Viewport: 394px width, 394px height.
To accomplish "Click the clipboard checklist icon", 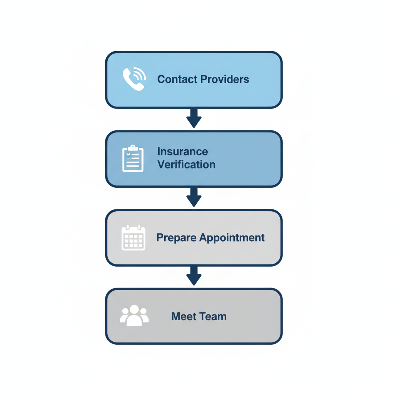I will [133, 159].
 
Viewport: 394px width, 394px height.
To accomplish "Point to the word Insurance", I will [183, 151].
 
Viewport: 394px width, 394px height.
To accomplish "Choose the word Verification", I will [187, 165].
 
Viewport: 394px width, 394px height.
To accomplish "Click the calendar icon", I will [133, 238].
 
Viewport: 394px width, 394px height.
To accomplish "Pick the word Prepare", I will [176, 238].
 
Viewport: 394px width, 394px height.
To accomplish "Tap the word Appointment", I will [232, 238].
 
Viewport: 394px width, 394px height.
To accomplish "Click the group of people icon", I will [134, 316].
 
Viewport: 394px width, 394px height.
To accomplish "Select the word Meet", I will [181, 317].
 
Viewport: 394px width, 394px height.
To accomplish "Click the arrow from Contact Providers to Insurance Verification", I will [194, 119].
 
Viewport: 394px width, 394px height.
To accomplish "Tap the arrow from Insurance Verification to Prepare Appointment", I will [194, 197].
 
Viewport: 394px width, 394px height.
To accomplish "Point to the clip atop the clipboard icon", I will [133, 148].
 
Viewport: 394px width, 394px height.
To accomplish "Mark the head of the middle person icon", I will [134, 309].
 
